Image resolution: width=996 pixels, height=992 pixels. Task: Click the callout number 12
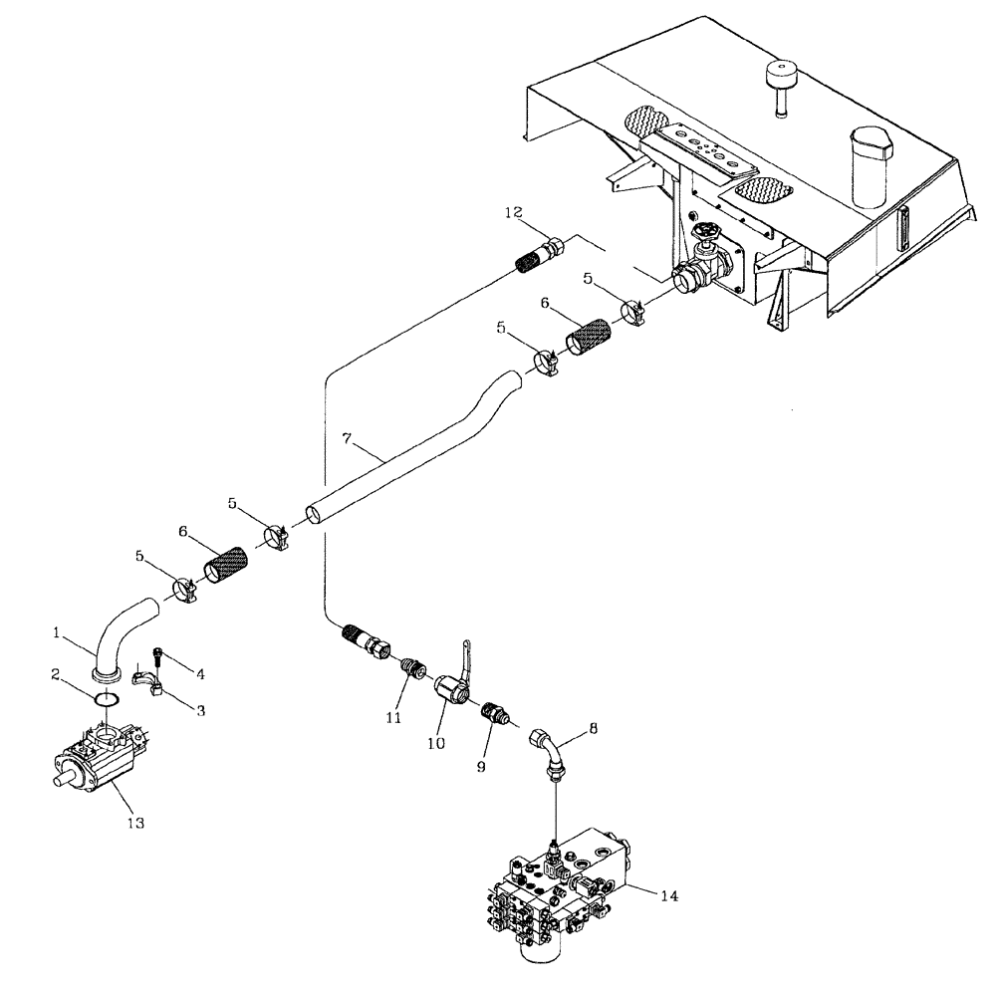point(513,212)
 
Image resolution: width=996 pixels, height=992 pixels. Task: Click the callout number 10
point(435,743)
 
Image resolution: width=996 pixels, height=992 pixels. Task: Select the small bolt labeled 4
point(157,656)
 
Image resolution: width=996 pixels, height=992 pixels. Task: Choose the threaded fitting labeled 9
point(495,714)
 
